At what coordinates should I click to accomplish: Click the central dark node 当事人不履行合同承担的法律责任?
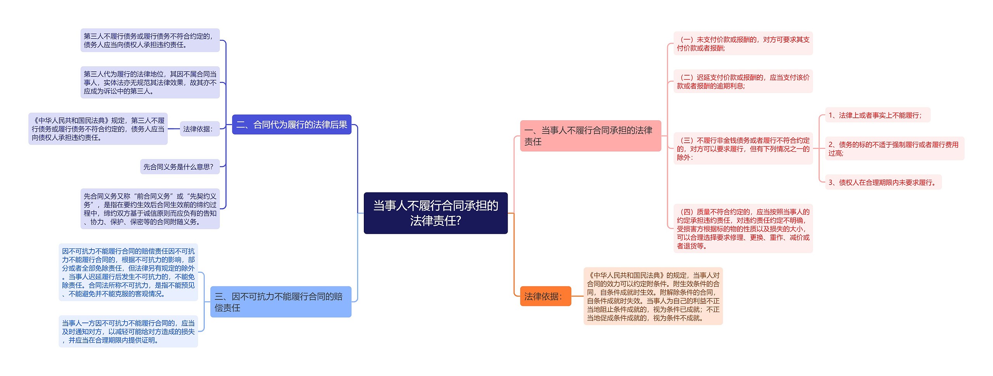[x=435, y=213]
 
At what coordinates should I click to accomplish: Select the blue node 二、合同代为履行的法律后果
[x=291, y=124]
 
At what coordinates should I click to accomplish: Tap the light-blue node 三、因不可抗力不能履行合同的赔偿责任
[x=280, y=302]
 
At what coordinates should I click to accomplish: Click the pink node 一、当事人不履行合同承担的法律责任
[x=590, y=136]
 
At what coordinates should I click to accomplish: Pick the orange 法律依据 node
[x=545, y=296]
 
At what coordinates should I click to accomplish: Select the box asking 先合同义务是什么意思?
[x=180, y=167]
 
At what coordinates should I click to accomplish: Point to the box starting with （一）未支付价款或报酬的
[x=742, y=43]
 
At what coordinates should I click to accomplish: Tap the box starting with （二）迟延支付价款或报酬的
[x=742, y=81]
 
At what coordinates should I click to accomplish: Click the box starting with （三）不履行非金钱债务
[x=742, y=148]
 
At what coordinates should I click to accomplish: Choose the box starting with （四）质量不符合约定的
[x=742, y=228]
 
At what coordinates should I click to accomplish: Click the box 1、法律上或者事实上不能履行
[x=877, y=115]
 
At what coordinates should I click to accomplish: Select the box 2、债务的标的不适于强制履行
[x=894, y=148]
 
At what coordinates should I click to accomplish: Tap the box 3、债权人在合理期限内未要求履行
[x=883, y=182]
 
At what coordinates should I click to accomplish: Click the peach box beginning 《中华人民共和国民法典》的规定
[x=653, y=296]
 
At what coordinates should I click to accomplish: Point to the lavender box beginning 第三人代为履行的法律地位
[x=150, y=82]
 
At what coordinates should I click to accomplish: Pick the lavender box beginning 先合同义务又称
[x=150, y=209]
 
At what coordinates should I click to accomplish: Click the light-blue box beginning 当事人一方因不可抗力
[x=128, y=331]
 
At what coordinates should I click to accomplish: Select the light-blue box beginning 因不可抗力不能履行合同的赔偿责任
[x=128, y=272]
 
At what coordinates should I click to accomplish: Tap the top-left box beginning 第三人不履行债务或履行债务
[x=150, y=40]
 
